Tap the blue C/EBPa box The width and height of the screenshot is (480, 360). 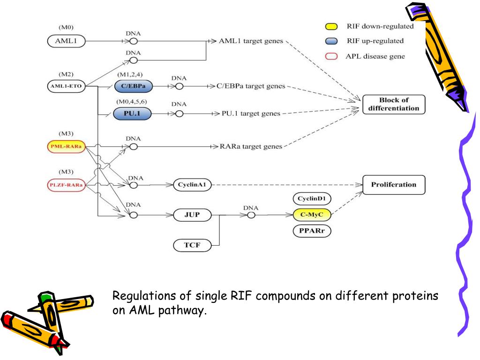(x=134, y=87)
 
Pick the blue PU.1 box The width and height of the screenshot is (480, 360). (x=133, y=113)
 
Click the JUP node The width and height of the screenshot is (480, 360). (x=192, y=215)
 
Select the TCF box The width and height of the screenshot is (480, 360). (x=192, y=244)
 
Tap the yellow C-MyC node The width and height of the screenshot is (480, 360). (x=312, y=215)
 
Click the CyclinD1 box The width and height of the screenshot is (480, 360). (x=312, y=198)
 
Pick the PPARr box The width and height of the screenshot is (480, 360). (x=312, y=231)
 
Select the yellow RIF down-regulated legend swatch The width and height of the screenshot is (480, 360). (x=331, y=27)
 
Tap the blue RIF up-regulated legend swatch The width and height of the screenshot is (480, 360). (x=331, y=41)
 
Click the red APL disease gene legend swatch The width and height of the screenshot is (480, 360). (x=331, y=56)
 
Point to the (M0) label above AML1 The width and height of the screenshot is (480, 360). (x=66, y=28)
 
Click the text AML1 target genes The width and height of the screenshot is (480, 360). (x=251, y=41)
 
